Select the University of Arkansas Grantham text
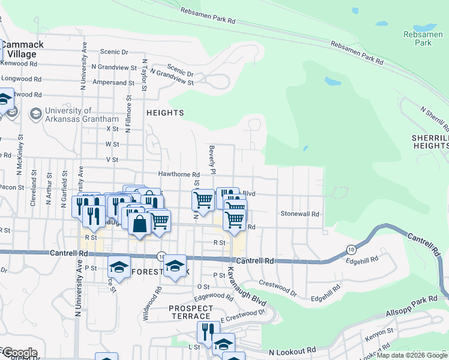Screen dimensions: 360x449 77,115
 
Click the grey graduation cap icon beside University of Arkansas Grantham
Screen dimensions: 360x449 35,113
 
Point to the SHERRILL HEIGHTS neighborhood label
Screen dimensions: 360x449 430,142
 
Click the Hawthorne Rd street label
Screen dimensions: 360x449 179,174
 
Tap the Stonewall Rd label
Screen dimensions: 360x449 300,214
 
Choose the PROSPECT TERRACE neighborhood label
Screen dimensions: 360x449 190,312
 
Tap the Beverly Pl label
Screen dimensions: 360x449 211,159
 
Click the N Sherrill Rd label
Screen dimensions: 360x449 435,119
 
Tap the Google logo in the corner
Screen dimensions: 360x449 19,353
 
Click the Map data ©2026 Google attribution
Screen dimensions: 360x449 412,356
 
